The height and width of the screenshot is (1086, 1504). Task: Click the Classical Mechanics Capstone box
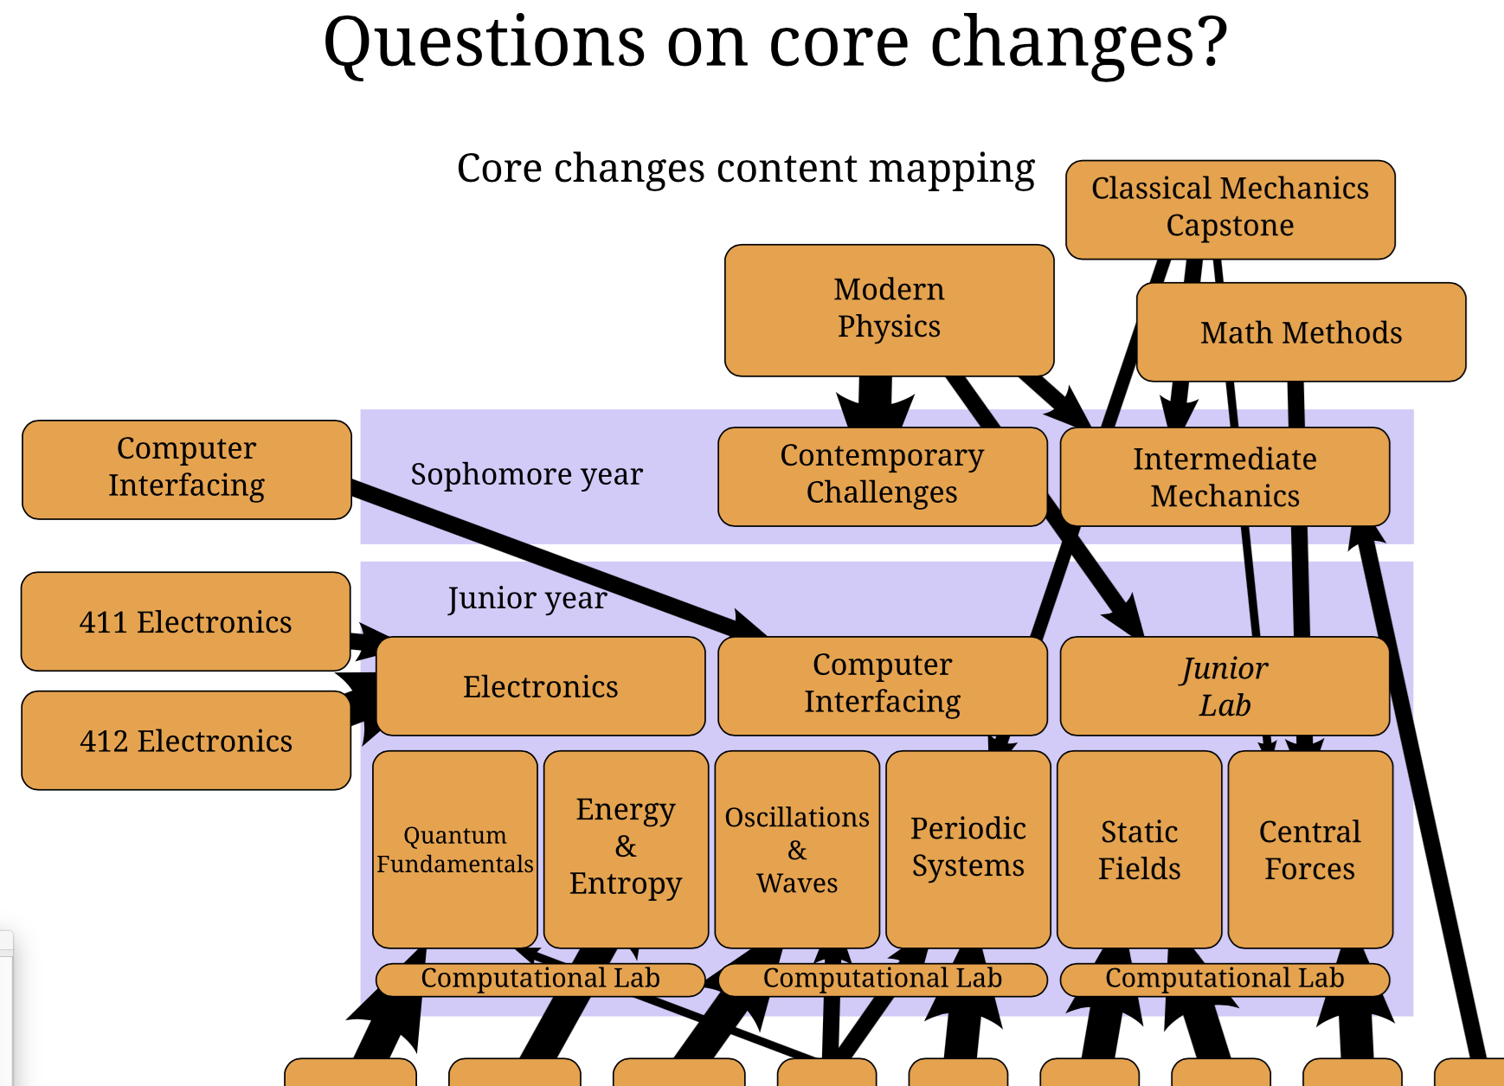(1230, 209)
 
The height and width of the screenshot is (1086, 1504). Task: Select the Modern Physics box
(889, 309)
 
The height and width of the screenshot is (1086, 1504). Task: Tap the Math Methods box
(1301, 332)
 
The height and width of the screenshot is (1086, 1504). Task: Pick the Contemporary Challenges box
(882, 475)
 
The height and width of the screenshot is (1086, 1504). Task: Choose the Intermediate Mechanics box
(1224, 477)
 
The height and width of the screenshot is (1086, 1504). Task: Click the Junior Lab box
(1224, 686)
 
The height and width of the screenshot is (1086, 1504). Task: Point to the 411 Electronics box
(186, 621)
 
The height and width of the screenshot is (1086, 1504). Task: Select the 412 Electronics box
(186, 741)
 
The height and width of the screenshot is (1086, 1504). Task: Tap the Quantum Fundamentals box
(455, 849)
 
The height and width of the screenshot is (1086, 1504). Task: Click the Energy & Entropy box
(626, 847)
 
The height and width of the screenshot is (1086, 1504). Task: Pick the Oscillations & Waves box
(797, 849)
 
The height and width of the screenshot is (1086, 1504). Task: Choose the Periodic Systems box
(968, 847)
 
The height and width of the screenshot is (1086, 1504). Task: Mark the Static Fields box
(1139, 849)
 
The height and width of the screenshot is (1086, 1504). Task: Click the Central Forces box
(1310, 849)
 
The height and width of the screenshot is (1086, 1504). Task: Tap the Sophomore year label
(526, 474)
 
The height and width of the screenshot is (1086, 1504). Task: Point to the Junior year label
(527, 598)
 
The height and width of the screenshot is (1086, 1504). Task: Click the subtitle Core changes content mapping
(745, 168)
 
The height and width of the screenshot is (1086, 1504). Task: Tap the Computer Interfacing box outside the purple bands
(186, 468)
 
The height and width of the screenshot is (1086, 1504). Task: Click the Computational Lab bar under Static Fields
(1224, 979)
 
